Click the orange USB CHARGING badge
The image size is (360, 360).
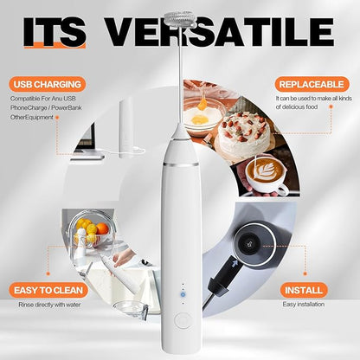pyautogui.click(x=48, y=84)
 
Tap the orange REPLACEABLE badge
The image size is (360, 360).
pyautogui.click(x=312, y=84)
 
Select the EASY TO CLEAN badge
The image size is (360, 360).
pyautogui.click(x=48, y=290)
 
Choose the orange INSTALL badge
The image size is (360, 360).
pyautogui.click(x=304, y=290)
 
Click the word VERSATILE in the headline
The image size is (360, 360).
pyautogui.click(x=219, y=32)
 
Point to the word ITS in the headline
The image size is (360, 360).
pyautogui.click(x=55, y=32)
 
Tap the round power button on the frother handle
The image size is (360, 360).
pyautogui.click(x=183, y=321)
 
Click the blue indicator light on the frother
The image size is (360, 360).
pyautogui.click(x=183, y=294)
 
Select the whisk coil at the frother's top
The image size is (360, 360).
pyautogui.click(x=179, y=19)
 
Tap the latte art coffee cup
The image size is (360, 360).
pyautogui.click(x=266, y=175)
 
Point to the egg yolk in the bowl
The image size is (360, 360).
pyautogui.click(x=200, y=119)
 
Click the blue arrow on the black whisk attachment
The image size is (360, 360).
pyautogui.click(x=235, y=263)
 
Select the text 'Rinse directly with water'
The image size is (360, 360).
pyautogui.click(x=49, y=305)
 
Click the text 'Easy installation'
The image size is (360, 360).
pyautogui.click(x=304, y=305)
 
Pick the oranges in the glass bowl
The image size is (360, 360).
pyautogui.click(x=91, y=228)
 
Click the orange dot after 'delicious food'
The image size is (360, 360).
pyautogui.click(x=331, y=106)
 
